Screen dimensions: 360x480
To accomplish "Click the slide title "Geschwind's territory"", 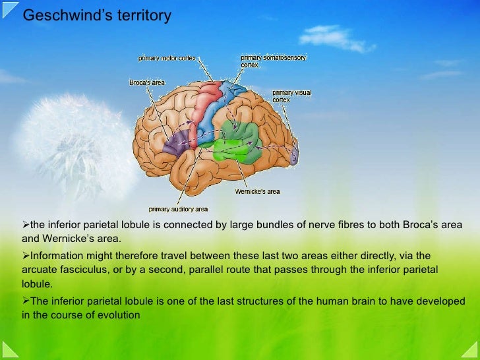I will coord(97,16).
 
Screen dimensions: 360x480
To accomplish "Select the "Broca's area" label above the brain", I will coord(146,82).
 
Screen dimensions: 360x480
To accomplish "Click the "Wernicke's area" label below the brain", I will coord(257,192).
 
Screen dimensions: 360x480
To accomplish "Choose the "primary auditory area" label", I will coord(178,210).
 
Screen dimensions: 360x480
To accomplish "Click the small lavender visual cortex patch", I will coord(294,154).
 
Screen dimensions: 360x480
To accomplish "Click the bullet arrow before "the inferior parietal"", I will coord(26,225).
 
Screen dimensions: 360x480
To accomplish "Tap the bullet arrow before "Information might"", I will coord(26,255).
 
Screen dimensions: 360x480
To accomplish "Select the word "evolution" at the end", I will coord(119,315).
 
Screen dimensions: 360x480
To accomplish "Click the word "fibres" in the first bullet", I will coord(311,225).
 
